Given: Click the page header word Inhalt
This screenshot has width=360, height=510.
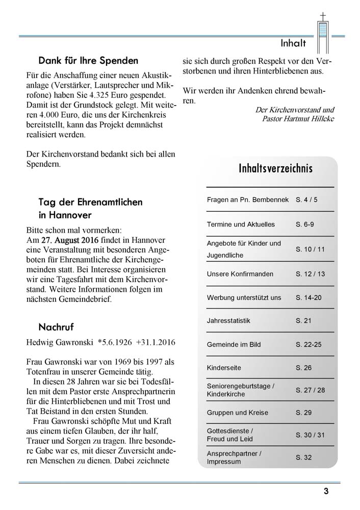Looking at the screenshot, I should pos(293,43).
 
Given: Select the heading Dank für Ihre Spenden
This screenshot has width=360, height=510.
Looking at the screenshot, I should pos(88,61).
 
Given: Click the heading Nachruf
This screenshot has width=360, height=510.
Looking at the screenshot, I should pos(56,326).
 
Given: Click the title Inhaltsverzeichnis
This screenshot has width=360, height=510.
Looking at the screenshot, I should pos(275,169).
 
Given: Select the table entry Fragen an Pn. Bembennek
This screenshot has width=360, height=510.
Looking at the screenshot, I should pos(247,199).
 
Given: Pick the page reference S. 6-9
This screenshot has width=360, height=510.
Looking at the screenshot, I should pos(305,224).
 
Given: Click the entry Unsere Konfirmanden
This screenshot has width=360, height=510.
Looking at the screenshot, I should pos(240,274).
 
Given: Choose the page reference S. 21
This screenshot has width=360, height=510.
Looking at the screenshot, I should pos(303,321).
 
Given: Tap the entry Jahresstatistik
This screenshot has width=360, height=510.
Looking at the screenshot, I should pos(228,321).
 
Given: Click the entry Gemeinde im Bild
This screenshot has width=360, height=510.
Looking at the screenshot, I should pos(234,344).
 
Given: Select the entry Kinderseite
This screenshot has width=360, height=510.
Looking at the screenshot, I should pos(224,368).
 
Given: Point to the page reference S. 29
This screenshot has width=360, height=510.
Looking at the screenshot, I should pos(303,413).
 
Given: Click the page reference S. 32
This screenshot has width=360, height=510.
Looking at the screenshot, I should pos(303,457).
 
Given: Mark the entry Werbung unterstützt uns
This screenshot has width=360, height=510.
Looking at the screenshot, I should pos(244,297).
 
